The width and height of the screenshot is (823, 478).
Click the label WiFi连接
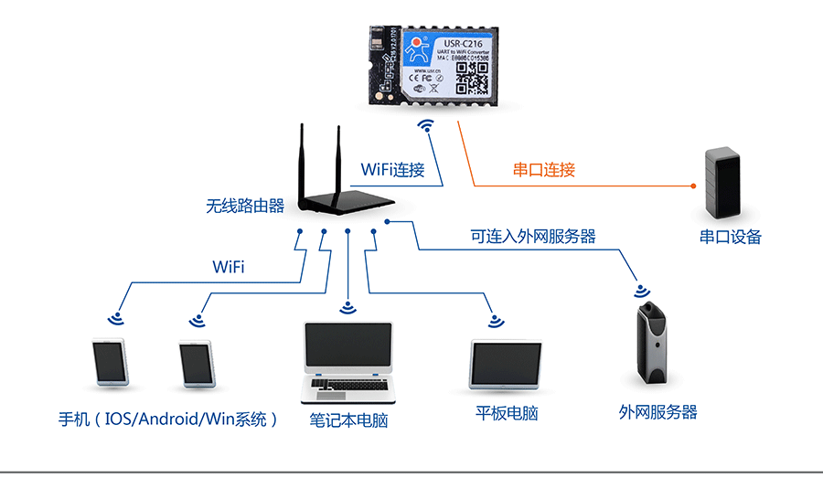click(x=393, y=170)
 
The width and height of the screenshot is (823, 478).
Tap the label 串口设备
click(x=731, y=237)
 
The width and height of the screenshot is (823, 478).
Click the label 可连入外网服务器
click(x=533, y=236)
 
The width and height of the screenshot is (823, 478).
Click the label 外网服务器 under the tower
click(x=657, y=412)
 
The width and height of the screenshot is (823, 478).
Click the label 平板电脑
click(x=507, y=413)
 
